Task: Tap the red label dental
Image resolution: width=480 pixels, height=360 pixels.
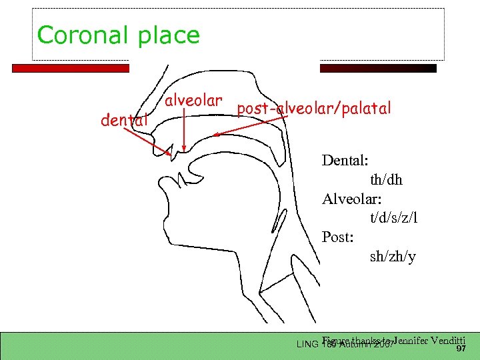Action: click(123, 121)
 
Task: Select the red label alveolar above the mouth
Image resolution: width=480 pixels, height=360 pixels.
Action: click(193, 101)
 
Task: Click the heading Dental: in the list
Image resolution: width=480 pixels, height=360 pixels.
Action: click(347, 161)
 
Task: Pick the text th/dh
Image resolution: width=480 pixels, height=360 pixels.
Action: click(386, 180)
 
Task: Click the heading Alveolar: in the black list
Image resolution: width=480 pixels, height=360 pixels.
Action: click(352, 199)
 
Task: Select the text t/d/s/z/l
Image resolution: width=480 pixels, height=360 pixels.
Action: click(394, 218)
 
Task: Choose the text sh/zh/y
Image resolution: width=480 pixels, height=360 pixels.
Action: click(393, 257)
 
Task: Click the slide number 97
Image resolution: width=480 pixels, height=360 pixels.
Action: click(460, 348)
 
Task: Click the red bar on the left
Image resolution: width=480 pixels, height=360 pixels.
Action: click(71, 68)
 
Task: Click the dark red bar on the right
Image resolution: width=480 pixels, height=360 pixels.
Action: click(378, 68)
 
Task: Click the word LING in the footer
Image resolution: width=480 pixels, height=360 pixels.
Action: click(307, 344)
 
